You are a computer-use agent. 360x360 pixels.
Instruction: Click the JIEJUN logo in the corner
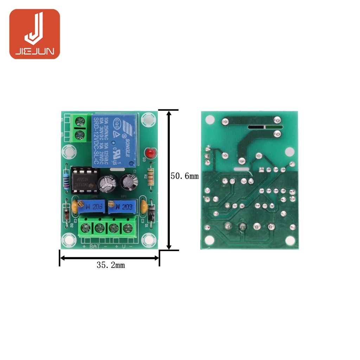tap(34, 34)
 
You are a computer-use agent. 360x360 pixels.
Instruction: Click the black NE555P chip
tap(84, 180)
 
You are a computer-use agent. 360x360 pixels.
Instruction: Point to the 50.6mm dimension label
tap(185, 176)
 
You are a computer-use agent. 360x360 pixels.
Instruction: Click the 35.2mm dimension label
tap(111, 265)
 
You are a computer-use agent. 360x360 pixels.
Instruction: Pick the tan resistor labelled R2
tap(151, 176)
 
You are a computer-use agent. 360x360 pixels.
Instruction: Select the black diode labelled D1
tap(152, 214)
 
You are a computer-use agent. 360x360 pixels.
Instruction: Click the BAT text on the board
tap(95, 246)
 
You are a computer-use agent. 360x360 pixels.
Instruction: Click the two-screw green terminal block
tap(81, 128)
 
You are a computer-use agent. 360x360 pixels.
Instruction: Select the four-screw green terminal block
tap(107, 228)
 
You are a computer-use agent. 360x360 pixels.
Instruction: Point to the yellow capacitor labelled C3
tap(143, 206)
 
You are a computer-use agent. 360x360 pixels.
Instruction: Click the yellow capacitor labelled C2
tap(75, 206)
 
